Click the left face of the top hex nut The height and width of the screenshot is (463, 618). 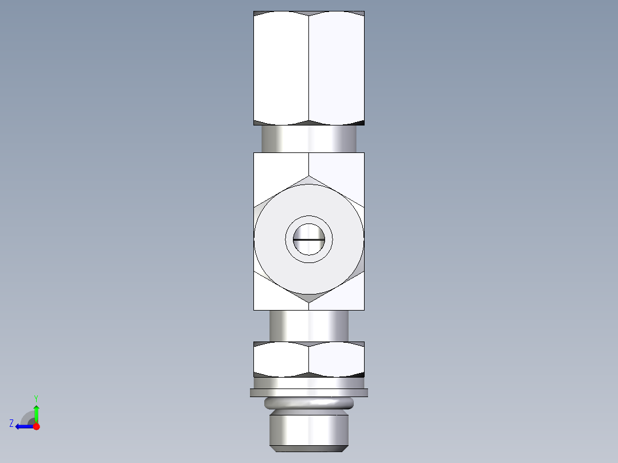coord(281,68)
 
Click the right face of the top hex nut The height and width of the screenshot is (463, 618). coord(337,68)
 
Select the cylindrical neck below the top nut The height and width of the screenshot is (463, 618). coord(309,139)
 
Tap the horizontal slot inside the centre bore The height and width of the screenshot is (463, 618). coord(309,239)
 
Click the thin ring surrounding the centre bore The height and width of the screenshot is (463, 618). coord(309,221)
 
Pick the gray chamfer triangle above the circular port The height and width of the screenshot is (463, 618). coord(309,181)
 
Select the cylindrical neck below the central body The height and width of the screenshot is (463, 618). coord(309,325)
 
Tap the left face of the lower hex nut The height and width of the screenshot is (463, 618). coord(281,360)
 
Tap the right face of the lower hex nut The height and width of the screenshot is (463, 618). coord(337,360)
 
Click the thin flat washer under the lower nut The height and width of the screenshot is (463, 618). coord(309,393)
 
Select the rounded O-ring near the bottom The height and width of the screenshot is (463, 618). coord(309,403)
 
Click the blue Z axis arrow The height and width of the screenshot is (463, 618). coord(22,426)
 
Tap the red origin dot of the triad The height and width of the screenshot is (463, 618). coord(36,426)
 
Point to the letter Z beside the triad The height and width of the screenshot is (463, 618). coord(11,423)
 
